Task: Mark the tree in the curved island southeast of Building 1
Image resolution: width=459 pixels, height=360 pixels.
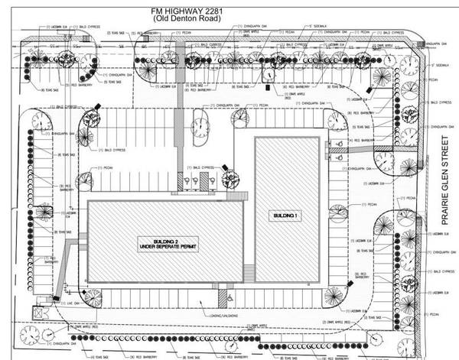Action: [334, 297]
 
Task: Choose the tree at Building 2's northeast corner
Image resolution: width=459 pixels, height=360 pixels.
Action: [229, 180]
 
